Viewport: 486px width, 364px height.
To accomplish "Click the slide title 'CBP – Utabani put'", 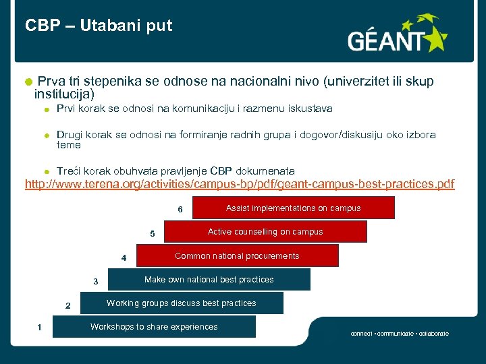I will coord(99,26).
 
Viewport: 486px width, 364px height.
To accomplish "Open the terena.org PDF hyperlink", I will coord(240,184).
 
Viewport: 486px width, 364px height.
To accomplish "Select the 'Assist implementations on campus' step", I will coord(293,208).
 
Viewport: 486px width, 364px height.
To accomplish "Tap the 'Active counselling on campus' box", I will coord(265,232).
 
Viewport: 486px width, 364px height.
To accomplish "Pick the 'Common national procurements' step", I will coord(237,256).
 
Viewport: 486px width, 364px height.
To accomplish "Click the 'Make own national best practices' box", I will coord(209,280).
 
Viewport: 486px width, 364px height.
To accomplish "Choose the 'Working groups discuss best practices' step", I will coord(182,303).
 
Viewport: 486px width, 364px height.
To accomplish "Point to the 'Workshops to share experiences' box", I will coord(154,327).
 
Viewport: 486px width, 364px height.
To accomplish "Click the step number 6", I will coord(180,210).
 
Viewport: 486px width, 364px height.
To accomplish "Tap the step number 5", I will coord(153,234).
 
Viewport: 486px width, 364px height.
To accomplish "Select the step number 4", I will coord(124,258).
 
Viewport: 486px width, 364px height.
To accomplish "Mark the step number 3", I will coord(96,282).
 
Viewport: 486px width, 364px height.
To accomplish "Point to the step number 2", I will coord(67,306).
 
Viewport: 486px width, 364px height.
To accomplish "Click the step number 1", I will coord(40,328).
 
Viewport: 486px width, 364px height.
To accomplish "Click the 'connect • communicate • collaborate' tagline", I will coord(399,334).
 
